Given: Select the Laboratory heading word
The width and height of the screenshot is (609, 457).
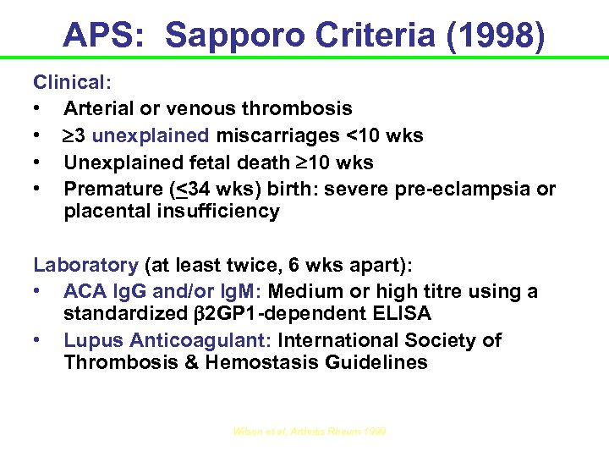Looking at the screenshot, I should [85, 265].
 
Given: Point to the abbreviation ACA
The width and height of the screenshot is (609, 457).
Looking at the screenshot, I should [84, 291].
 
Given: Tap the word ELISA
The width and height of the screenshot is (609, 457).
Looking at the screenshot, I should [402, 315].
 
